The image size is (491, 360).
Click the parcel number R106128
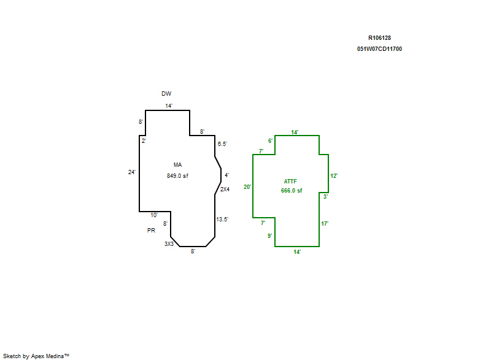point(379,37)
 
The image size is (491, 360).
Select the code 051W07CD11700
point(379,49)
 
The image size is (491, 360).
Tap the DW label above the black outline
point(166,94)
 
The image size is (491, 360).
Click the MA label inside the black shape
point(177,164)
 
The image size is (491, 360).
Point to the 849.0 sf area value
point(177,175)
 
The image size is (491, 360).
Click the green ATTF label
point(291,181)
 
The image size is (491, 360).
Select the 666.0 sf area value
point(292,191)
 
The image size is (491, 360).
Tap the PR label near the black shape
point(151,231)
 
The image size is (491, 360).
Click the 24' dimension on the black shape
point(131,172)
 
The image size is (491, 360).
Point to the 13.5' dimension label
point(222,219)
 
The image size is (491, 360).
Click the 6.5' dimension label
point(223,144)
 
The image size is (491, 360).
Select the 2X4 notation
point(225,190)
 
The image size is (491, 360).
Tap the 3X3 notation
point(169,244)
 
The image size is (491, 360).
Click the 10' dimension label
point(154,215)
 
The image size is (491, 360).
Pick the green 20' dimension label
point(247,186)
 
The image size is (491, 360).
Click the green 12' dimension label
point(334,176)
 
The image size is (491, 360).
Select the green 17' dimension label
point(325,224)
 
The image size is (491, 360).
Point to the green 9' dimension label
point(269,236)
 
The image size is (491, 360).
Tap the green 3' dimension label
point(325,197)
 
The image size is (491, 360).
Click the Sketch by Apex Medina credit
point(36,355)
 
